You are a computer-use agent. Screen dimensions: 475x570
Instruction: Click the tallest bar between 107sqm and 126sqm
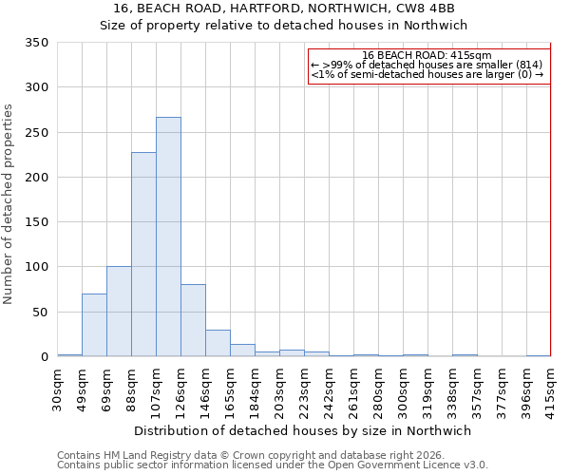168,237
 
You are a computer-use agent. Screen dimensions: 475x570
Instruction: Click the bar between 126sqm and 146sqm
193,320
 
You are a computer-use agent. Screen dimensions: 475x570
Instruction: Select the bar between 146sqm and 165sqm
218,343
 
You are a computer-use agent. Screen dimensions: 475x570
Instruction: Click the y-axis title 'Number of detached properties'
9,204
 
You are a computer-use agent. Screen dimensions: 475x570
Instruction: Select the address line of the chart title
284,9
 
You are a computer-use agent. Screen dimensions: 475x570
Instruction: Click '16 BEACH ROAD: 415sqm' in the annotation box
427,55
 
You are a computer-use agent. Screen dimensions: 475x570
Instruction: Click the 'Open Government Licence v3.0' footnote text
410,465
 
